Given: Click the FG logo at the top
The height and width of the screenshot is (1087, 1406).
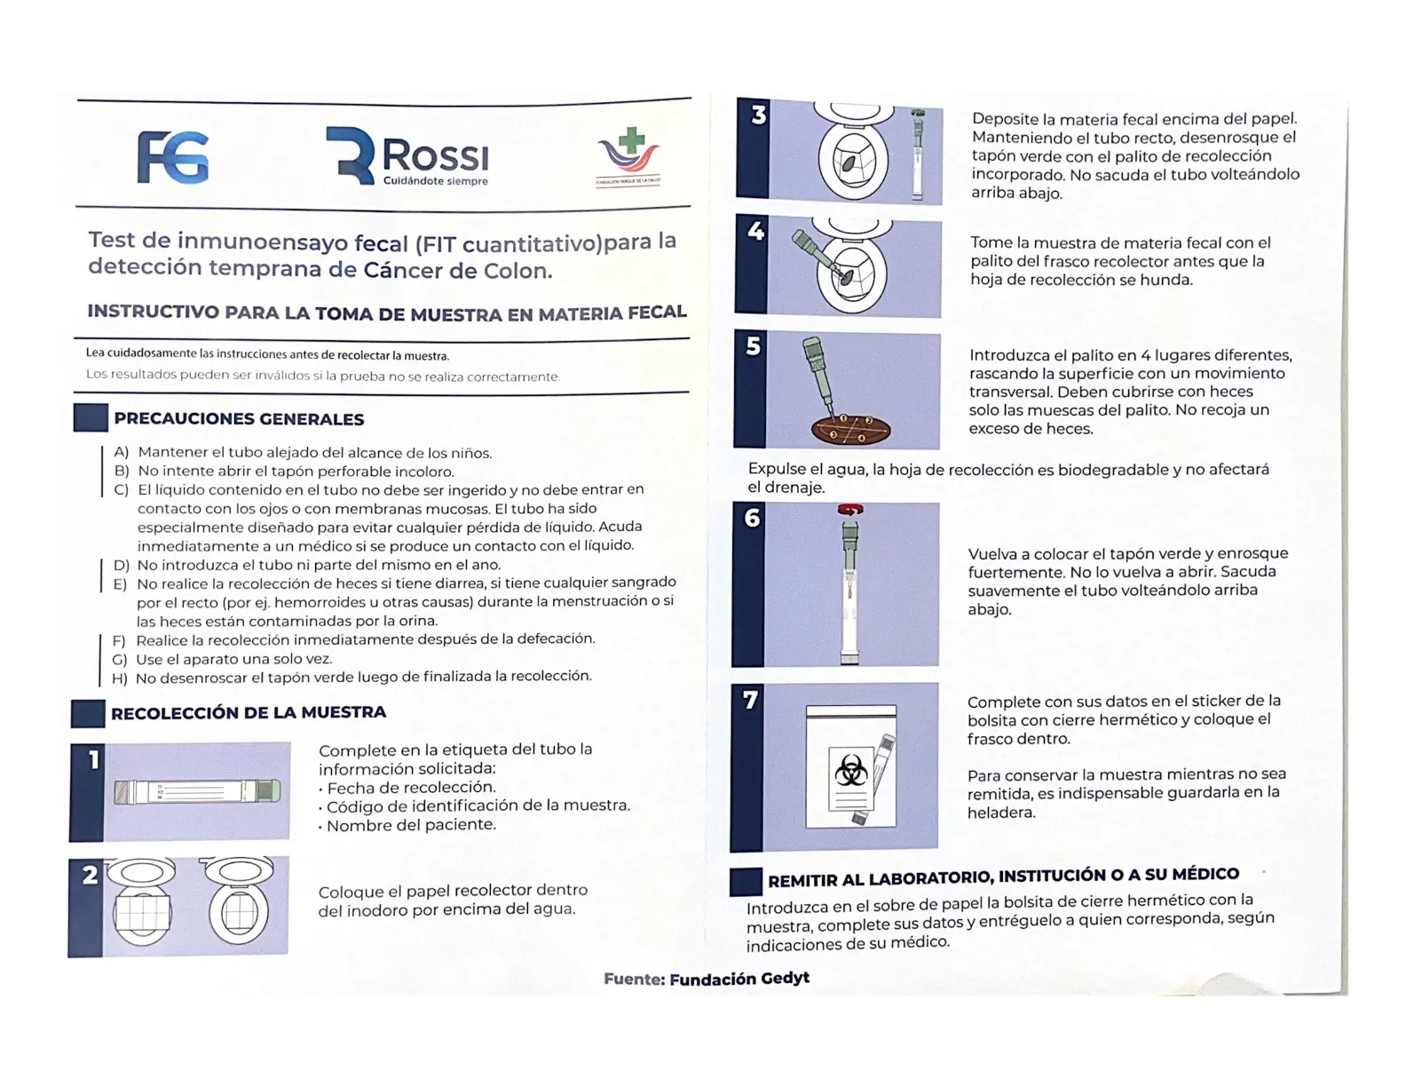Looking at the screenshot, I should click(173, 157).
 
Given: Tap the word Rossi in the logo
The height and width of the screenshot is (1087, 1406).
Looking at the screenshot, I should click(435, 156).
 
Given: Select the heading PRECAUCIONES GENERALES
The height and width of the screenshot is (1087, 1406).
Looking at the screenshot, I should click(239, 419).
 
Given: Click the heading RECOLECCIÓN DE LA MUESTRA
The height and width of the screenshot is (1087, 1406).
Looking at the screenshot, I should click(249, 712).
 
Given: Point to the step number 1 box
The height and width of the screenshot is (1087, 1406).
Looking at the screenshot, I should click(92, 760).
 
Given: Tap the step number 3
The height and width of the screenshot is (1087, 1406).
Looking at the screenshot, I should click(758, 115).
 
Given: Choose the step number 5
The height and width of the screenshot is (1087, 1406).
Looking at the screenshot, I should click(753, 345).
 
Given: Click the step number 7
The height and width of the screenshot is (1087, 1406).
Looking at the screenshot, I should click(750, 701).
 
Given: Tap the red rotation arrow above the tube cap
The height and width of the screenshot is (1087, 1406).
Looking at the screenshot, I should click(849, 510).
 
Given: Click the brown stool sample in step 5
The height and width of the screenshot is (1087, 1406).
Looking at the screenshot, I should click(851, 431).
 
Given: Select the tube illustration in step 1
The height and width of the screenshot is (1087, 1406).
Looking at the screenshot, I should click(197, 791).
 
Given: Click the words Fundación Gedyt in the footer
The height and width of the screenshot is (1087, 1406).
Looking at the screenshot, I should click(739, 979).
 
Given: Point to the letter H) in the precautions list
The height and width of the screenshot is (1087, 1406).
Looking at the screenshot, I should click(120, 678).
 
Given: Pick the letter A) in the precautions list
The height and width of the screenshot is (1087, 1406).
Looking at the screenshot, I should click(122, 452).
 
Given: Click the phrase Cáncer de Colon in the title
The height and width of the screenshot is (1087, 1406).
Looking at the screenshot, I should click(458, 270).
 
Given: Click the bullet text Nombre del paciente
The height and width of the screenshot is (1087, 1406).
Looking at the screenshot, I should click(411, 825).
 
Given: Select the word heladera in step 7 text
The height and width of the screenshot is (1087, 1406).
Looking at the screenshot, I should click(1000, 813).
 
